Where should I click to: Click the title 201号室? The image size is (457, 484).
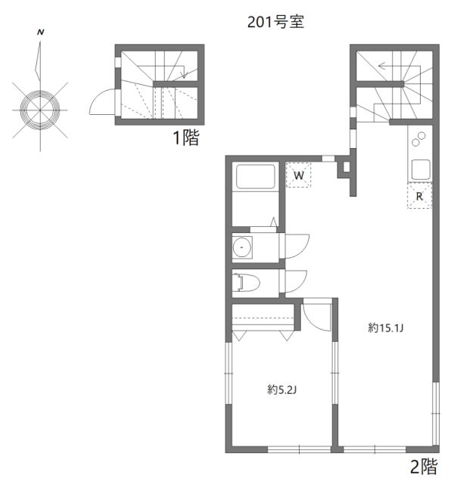[x=275, y=22]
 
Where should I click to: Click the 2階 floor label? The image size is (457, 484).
[x=423, y=467]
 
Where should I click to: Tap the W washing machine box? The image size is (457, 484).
[x=299, y=176]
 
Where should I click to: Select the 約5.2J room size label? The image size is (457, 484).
[x=282, y=389]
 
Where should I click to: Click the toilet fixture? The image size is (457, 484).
[x=247, y=283]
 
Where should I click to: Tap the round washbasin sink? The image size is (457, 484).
[x=243, y=247]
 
